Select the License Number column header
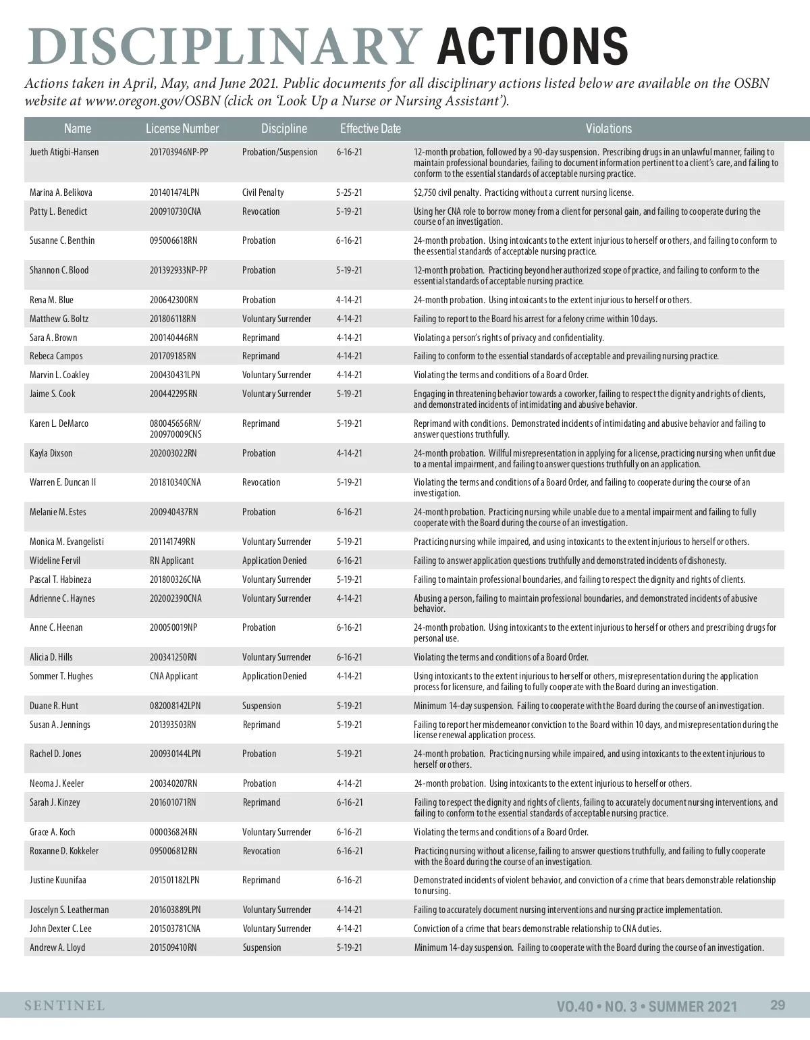pyautogui.click(x=182, y=128)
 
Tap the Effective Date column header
pyautogui.click(x=370, y=128)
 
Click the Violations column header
pyautogui.click(x=608, y=128)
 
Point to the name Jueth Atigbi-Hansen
pyautogui.click(x=64, y=152)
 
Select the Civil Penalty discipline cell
pyautogui.click(x=263, y=192)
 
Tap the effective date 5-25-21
pyautogui.click(x=349, y=192)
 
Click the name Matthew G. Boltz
pyautogui.click(x=59, y=319)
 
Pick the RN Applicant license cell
pyautogui.click(x=171, y=561)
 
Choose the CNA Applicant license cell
pyautogui.click(x=173, y=676)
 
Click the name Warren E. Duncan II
pyautogui.click(x=63, y=482)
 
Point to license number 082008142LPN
pyautogui.click(x=175, y=706)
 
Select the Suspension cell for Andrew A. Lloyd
pyautogui.click(x=262, y=947)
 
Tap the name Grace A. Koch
pyautogui.click(x=53, y=832)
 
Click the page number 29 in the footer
pyautogui.click(x=778, y=1005)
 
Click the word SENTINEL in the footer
pyautogui.click(x=65, y=1006)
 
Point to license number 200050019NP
pyautogui.click(x=173, y=627)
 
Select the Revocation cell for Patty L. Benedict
pyautogui.click(x=261, y=211)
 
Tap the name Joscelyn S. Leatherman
pyautogui.click(x=69, y=910)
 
